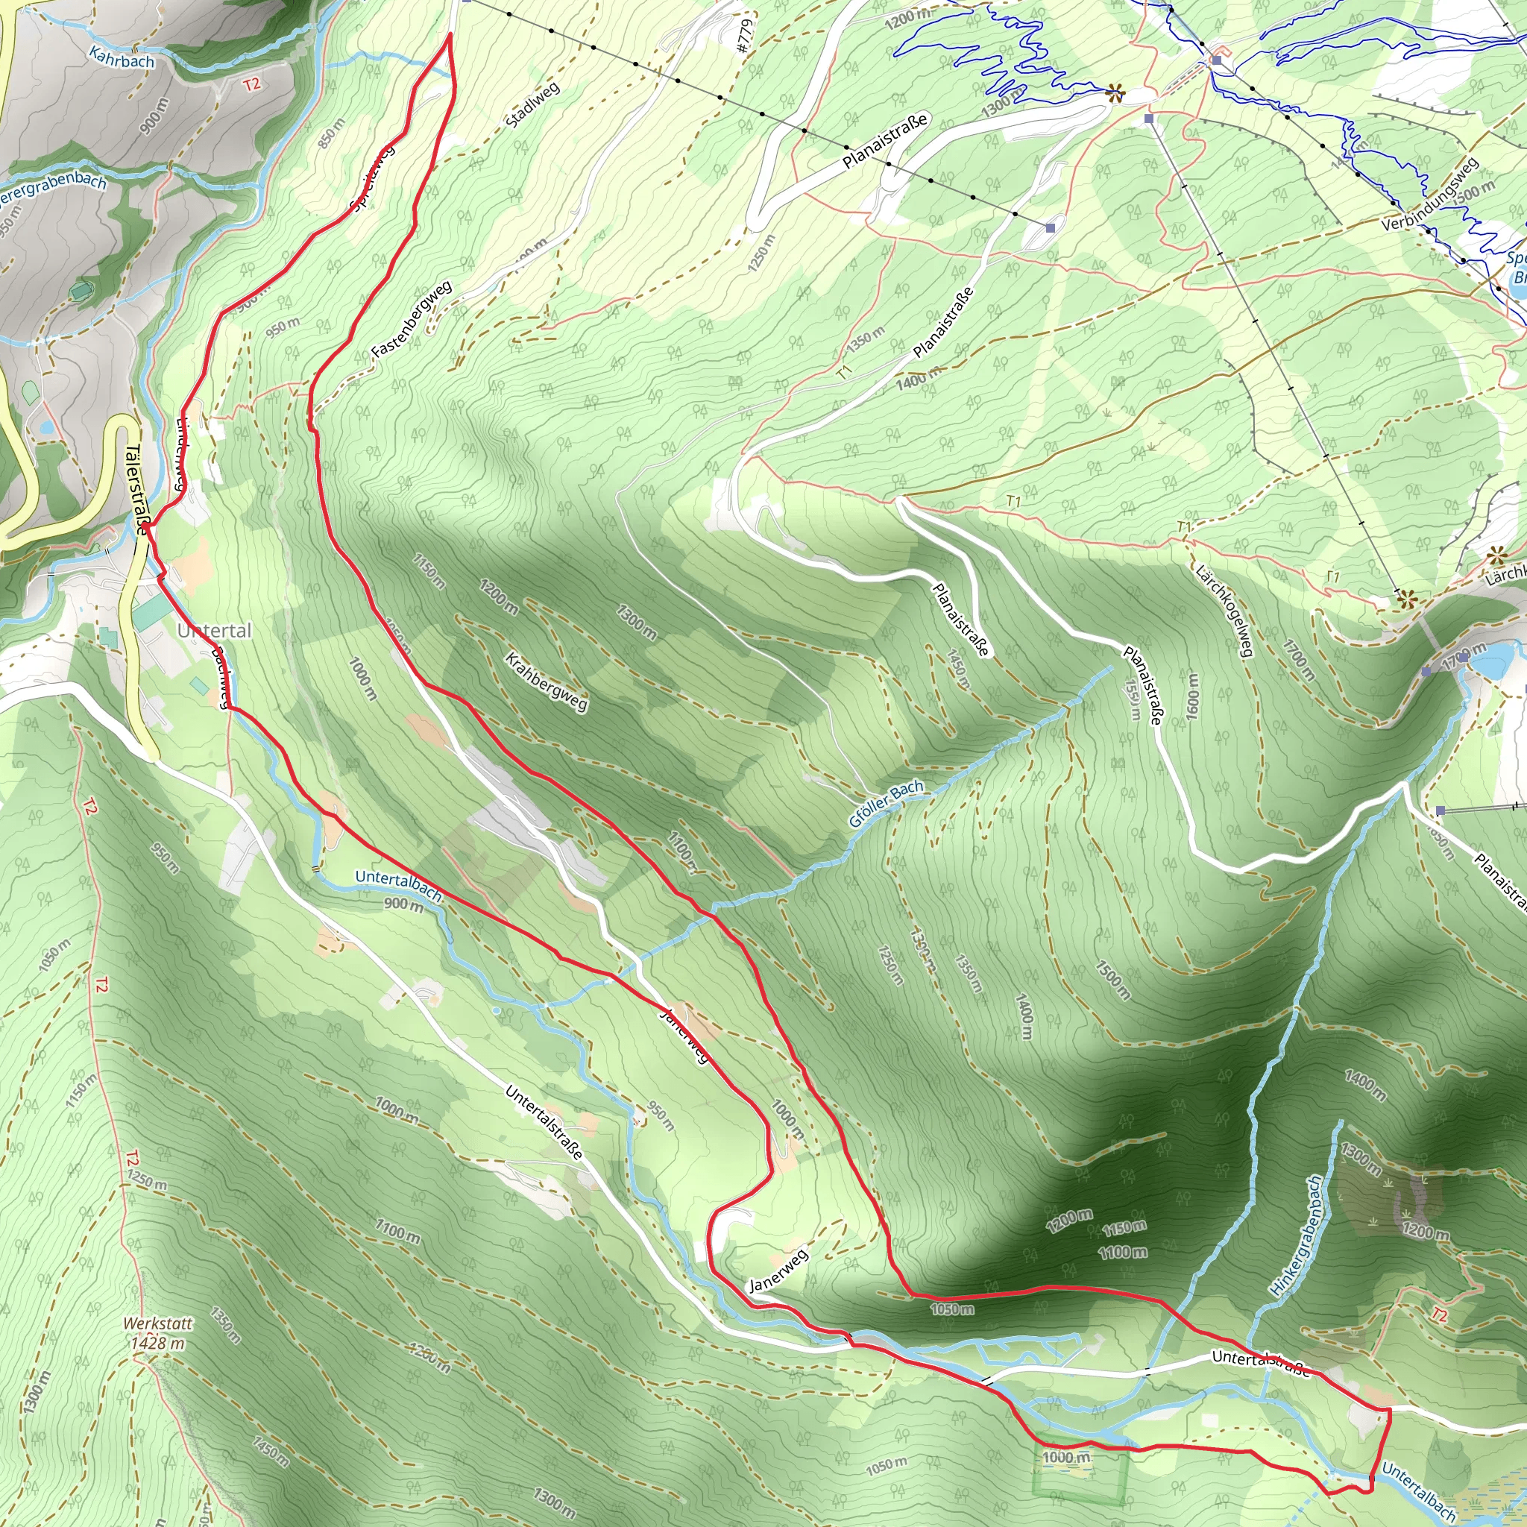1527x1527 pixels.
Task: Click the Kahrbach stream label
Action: click(x=122, y=57)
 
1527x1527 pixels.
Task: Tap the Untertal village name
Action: click(x=214, y=631)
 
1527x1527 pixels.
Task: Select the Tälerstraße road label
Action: click(x=136, y=490)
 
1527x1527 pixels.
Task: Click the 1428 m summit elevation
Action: click(x=157, y=1343)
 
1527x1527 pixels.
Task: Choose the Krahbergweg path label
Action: click(x=546, y=681)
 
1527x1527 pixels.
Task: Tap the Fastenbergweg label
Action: click(x=412, y=318)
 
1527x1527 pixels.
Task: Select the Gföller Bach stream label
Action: click(x=886, y=803)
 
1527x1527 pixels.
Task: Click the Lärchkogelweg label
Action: click(x=1224, y=610)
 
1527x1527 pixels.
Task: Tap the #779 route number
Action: click(x=743, y=37)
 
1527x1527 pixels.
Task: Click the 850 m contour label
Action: click(x=332, y=133)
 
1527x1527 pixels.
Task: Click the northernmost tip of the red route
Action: click(x=450, y=34)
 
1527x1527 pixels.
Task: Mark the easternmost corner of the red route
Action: click(x=1390, y=1409)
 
